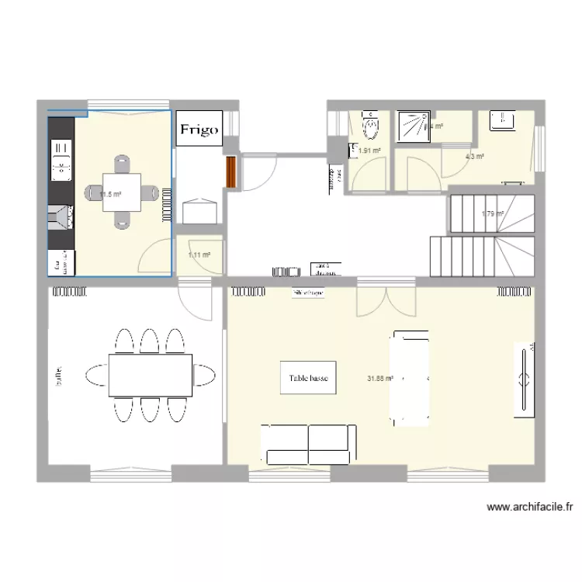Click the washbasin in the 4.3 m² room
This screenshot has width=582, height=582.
coord(502,120)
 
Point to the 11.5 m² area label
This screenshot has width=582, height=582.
coord(110,195)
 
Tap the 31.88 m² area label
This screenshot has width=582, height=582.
coord(380,379)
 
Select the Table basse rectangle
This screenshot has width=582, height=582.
coord(308,378)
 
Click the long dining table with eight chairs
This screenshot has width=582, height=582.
coord(151,375)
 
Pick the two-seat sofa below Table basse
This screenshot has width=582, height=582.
coord(309,443)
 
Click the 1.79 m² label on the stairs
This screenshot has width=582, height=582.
coord(492,215)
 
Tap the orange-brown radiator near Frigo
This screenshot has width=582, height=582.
coord(230,173)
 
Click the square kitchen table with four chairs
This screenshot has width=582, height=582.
coord(122,192)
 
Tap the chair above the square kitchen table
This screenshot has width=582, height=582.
coord(122,165)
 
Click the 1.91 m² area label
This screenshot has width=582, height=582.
coord(369,151)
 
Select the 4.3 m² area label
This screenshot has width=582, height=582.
coord(474,157)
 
